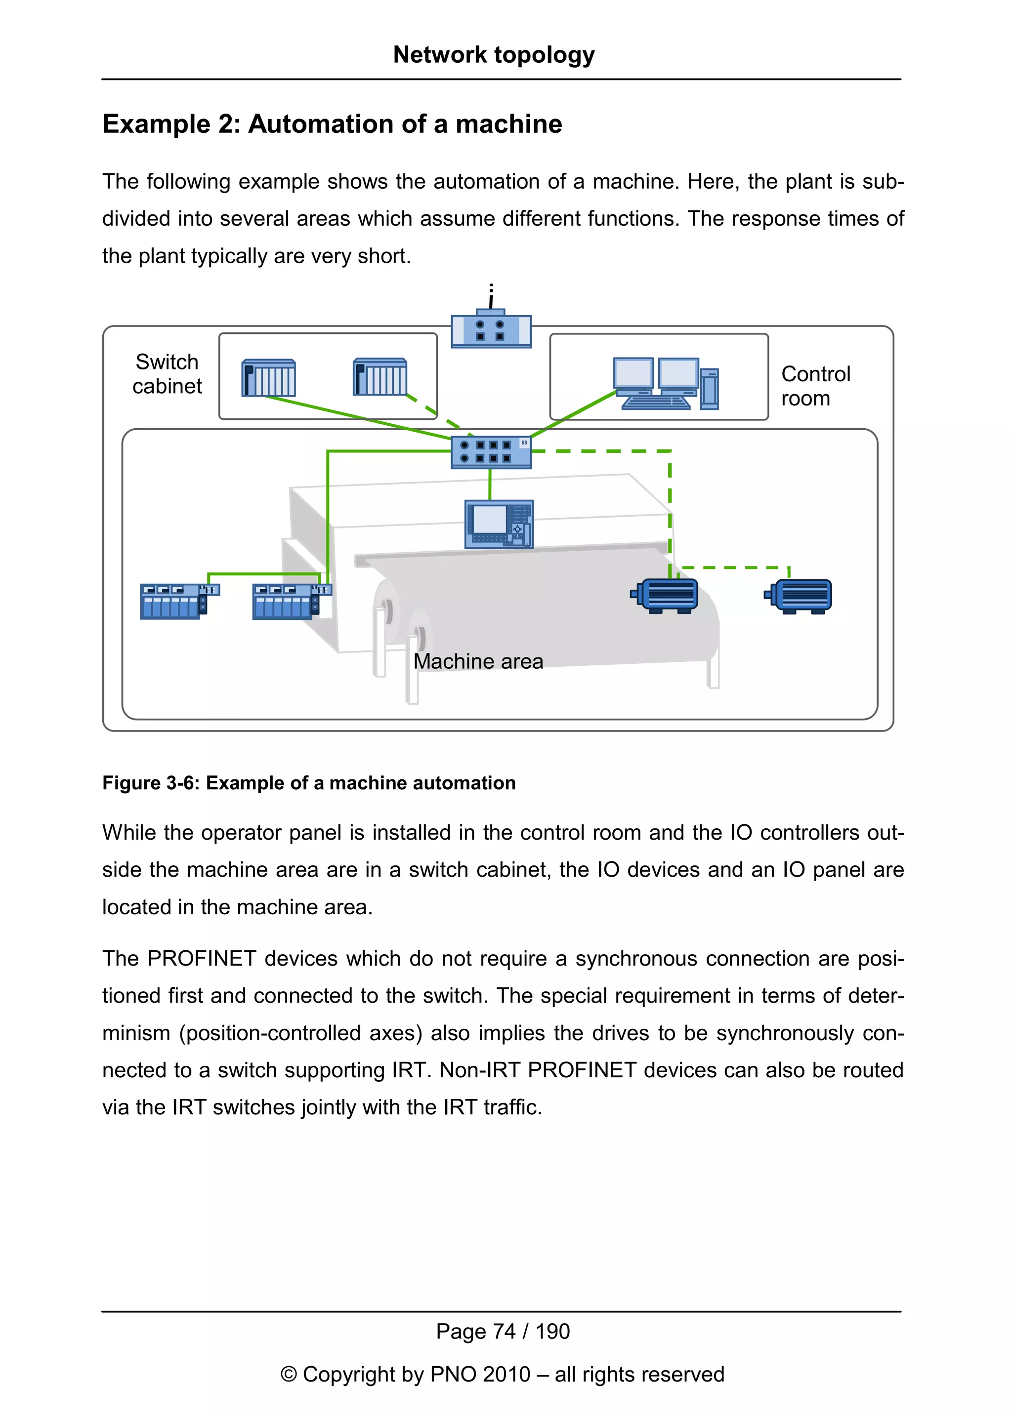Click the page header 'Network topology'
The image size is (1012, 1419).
pyautogui.click(x=494, y=55)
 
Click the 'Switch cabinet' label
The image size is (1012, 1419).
pyautogui.click(x=167, y=374)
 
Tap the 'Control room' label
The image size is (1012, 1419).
pyautogui.click(x=814, y=386)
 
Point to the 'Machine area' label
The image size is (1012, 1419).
pyautogui.click(x=478, y=661)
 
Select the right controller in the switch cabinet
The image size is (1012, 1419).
pyautogui.click(x=380, y=376)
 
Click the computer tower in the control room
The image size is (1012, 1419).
pyautogui.click(x=709, y=389)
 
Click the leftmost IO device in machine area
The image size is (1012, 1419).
pyautogui.click(x=178, y=601)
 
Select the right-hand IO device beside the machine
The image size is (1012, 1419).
pyautogui.click(x=291, y=601)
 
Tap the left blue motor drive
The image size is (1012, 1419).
pyautogui.click(x=666, y=595)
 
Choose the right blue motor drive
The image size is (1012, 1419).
pyautogui.click(x=799, y=596)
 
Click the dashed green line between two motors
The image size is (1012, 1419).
pyautogui.click(x=735, y=568)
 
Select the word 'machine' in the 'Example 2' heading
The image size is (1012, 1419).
pyautogui.click(x=508, y=124)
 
